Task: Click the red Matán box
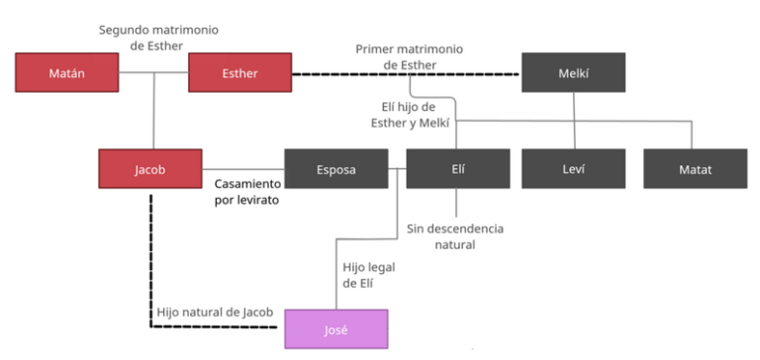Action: click(x=66, y=72)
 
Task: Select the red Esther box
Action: click(x=239, y=72)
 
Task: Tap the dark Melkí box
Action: click(x=574, y=72)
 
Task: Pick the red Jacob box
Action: click(x=150, y=169)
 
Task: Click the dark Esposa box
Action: click(x=335, y=169)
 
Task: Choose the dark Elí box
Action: click(x=456, y=169)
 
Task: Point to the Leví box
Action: click(x=574, y=169)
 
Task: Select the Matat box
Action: click(x=696, y=169)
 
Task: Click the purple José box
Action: click(x=335, y=328)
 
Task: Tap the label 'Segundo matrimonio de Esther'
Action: click(x=158, y=39)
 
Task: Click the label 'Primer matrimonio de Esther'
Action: click(x=410, y=57)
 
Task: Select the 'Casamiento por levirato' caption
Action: click(x=247, y=192)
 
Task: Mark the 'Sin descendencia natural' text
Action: click(x=455, y=236)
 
